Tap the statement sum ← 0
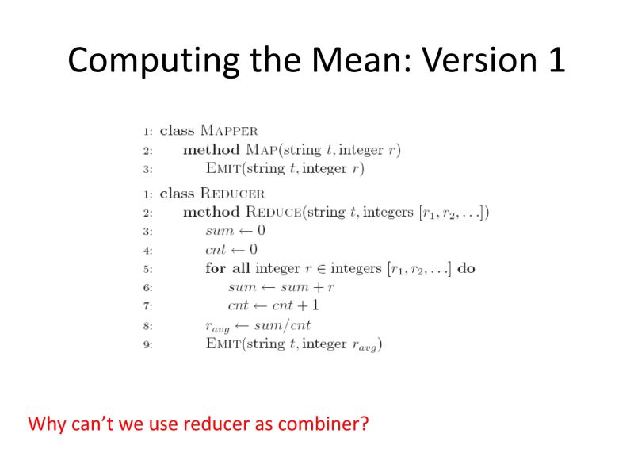point(235,231)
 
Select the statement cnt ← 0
point(235,249)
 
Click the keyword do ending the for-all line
point(467,268)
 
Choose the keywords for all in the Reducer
point(227,268)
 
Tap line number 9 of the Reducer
point(147,344)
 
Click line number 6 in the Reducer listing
point(147,287)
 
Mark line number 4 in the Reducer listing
point(147,250)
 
